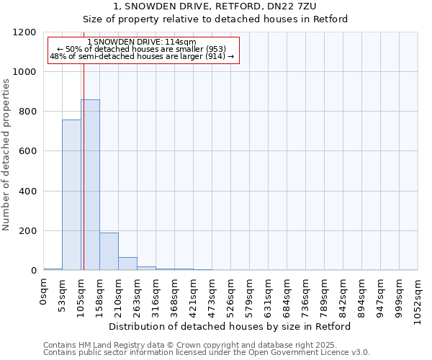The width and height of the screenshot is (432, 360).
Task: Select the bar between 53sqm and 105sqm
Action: coord(71,195)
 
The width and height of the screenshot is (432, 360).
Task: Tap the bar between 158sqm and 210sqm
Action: coord(109,251)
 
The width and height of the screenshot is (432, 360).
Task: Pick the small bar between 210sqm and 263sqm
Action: coord(127,264)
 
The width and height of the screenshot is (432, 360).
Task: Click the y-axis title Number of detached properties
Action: coord(6,155)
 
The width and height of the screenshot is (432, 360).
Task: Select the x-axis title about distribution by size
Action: coord(230,326)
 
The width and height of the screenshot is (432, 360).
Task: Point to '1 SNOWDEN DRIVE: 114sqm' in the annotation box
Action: coord(141,42)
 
